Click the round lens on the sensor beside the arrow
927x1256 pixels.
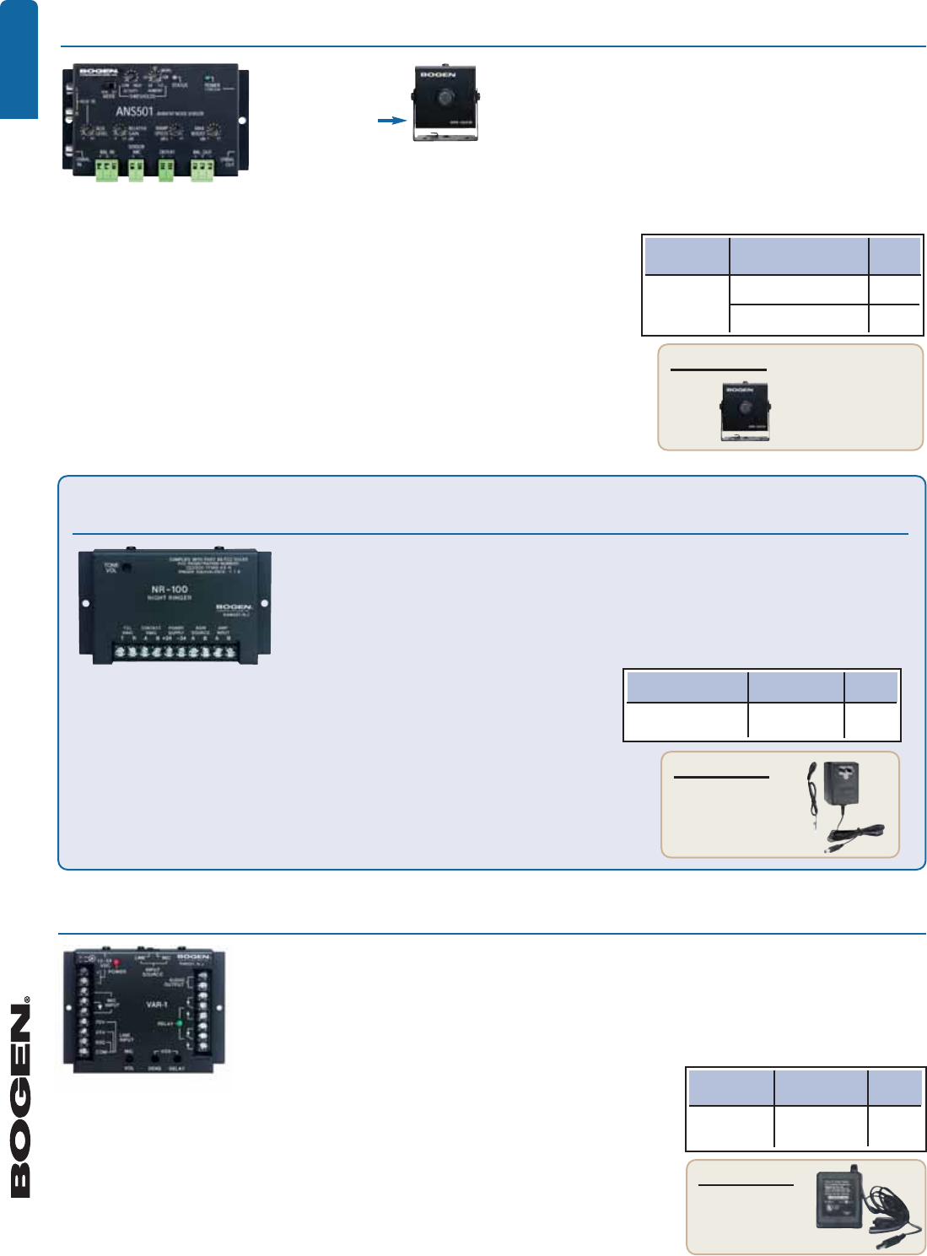click(444, 97)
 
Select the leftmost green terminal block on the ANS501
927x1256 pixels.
click(106, 170)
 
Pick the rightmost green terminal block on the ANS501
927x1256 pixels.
click(202, 170)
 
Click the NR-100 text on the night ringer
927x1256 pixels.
click(169, 589)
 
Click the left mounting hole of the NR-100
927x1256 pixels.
click(85, 604)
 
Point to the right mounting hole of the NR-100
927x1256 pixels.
click(265, 603)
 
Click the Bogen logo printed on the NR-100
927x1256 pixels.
click(234, 607)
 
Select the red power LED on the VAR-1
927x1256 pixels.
click(116, 962)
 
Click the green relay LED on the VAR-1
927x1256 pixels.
click(179, 1023)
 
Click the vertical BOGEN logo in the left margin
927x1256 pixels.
click(20, 1097)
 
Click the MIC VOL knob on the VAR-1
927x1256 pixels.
click(129, 1058)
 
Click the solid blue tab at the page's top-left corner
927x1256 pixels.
click(19, 59)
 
